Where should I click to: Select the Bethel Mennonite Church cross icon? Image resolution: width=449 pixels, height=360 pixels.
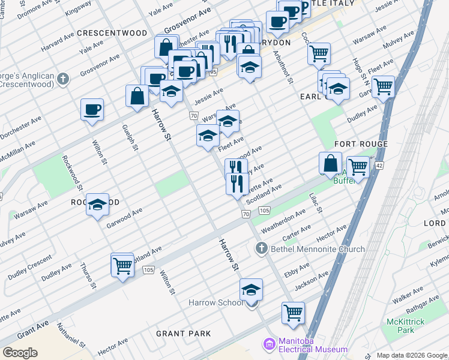click(261, 248)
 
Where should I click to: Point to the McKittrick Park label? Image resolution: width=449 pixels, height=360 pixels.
click(406, 326)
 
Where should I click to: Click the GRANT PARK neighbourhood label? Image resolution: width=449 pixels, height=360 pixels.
click(183, 333)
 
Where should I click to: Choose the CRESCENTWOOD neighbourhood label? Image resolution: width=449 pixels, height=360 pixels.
click(112, 32)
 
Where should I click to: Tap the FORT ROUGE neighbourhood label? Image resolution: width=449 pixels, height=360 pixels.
click(361, 144)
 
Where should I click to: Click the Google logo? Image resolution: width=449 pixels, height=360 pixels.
click(20, 352)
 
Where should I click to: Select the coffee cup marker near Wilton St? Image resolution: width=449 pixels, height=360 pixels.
click(92, 110)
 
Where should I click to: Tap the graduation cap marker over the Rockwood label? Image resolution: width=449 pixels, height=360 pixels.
click(97, 205)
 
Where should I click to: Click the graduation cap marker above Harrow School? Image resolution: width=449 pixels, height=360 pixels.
click(251, 290)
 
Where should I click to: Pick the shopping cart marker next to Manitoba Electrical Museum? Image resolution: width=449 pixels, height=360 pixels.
click(293, 312)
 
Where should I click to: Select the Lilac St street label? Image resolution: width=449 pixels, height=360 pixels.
click(316, 203)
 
